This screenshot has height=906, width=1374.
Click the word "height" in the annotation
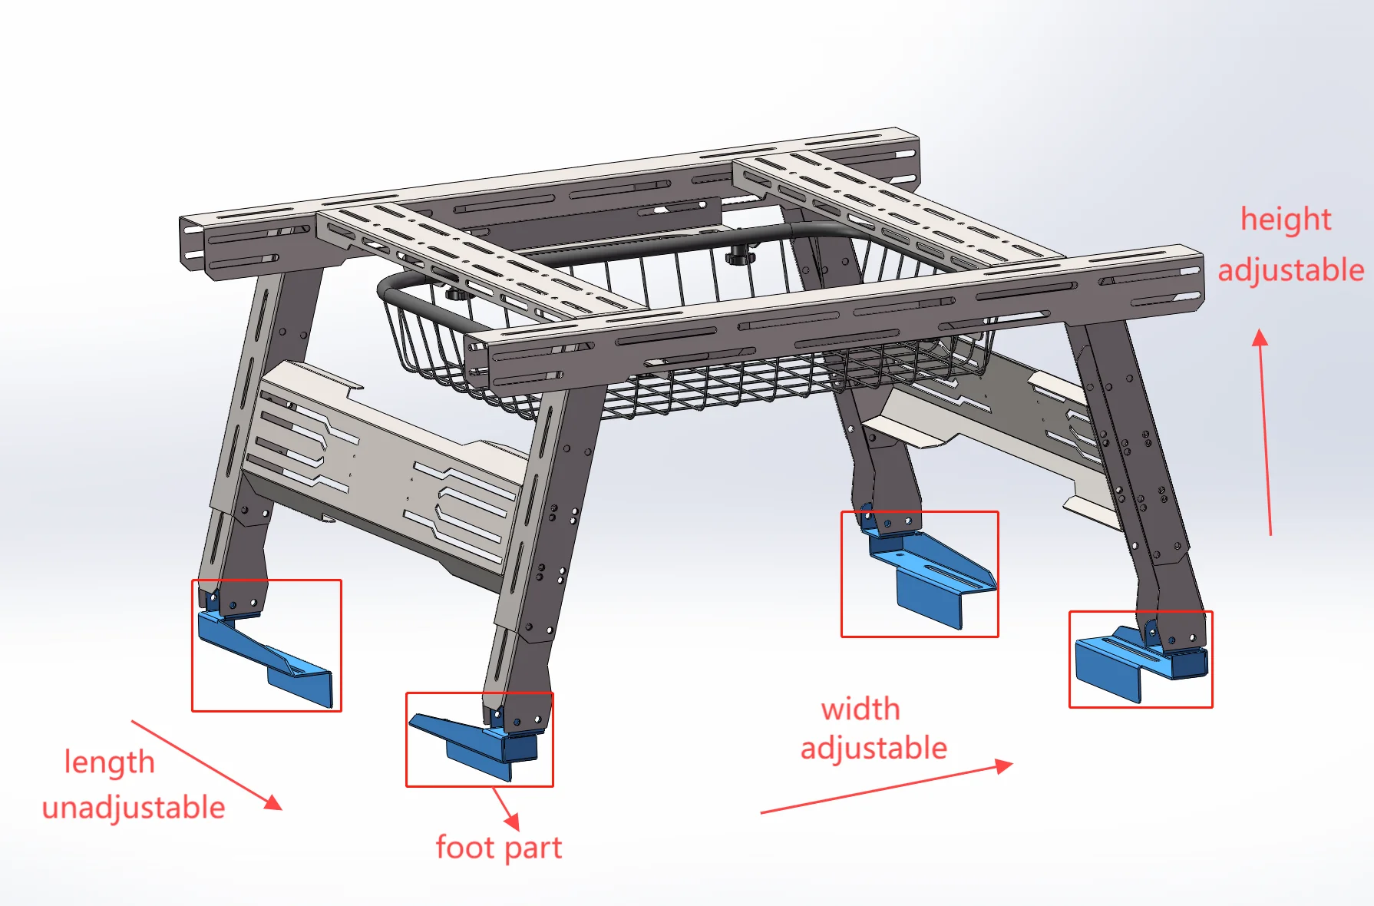tap(1286, 220)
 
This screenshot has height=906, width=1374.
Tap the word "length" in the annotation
tap(109, 762)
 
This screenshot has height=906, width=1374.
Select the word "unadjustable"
tap(134, 808)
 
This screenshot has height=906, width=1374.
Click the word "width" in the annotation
tap(860, 709)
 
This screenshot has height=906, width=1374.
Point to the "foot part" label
tap(499, 848)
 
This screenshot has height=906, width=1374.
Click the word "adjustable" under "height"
tap(1291, 271)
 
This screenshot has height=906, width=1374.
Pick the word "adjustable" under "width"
tap(874, 749)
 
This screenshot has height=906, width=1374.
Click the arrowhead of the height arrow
tap(1260, 337)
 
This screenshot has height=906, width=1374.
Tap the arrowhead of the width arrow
tap(1004, 765)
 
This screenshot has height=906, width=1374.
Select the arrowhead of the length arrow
tap(273, 802)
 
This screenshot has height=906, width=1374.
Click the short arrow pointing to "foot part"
tap(506, 809)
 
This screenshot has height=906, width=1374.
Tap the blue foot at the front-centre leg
tap(480, 745)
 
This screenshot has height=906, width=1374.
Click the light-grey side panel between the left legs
tap(384, 468)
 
